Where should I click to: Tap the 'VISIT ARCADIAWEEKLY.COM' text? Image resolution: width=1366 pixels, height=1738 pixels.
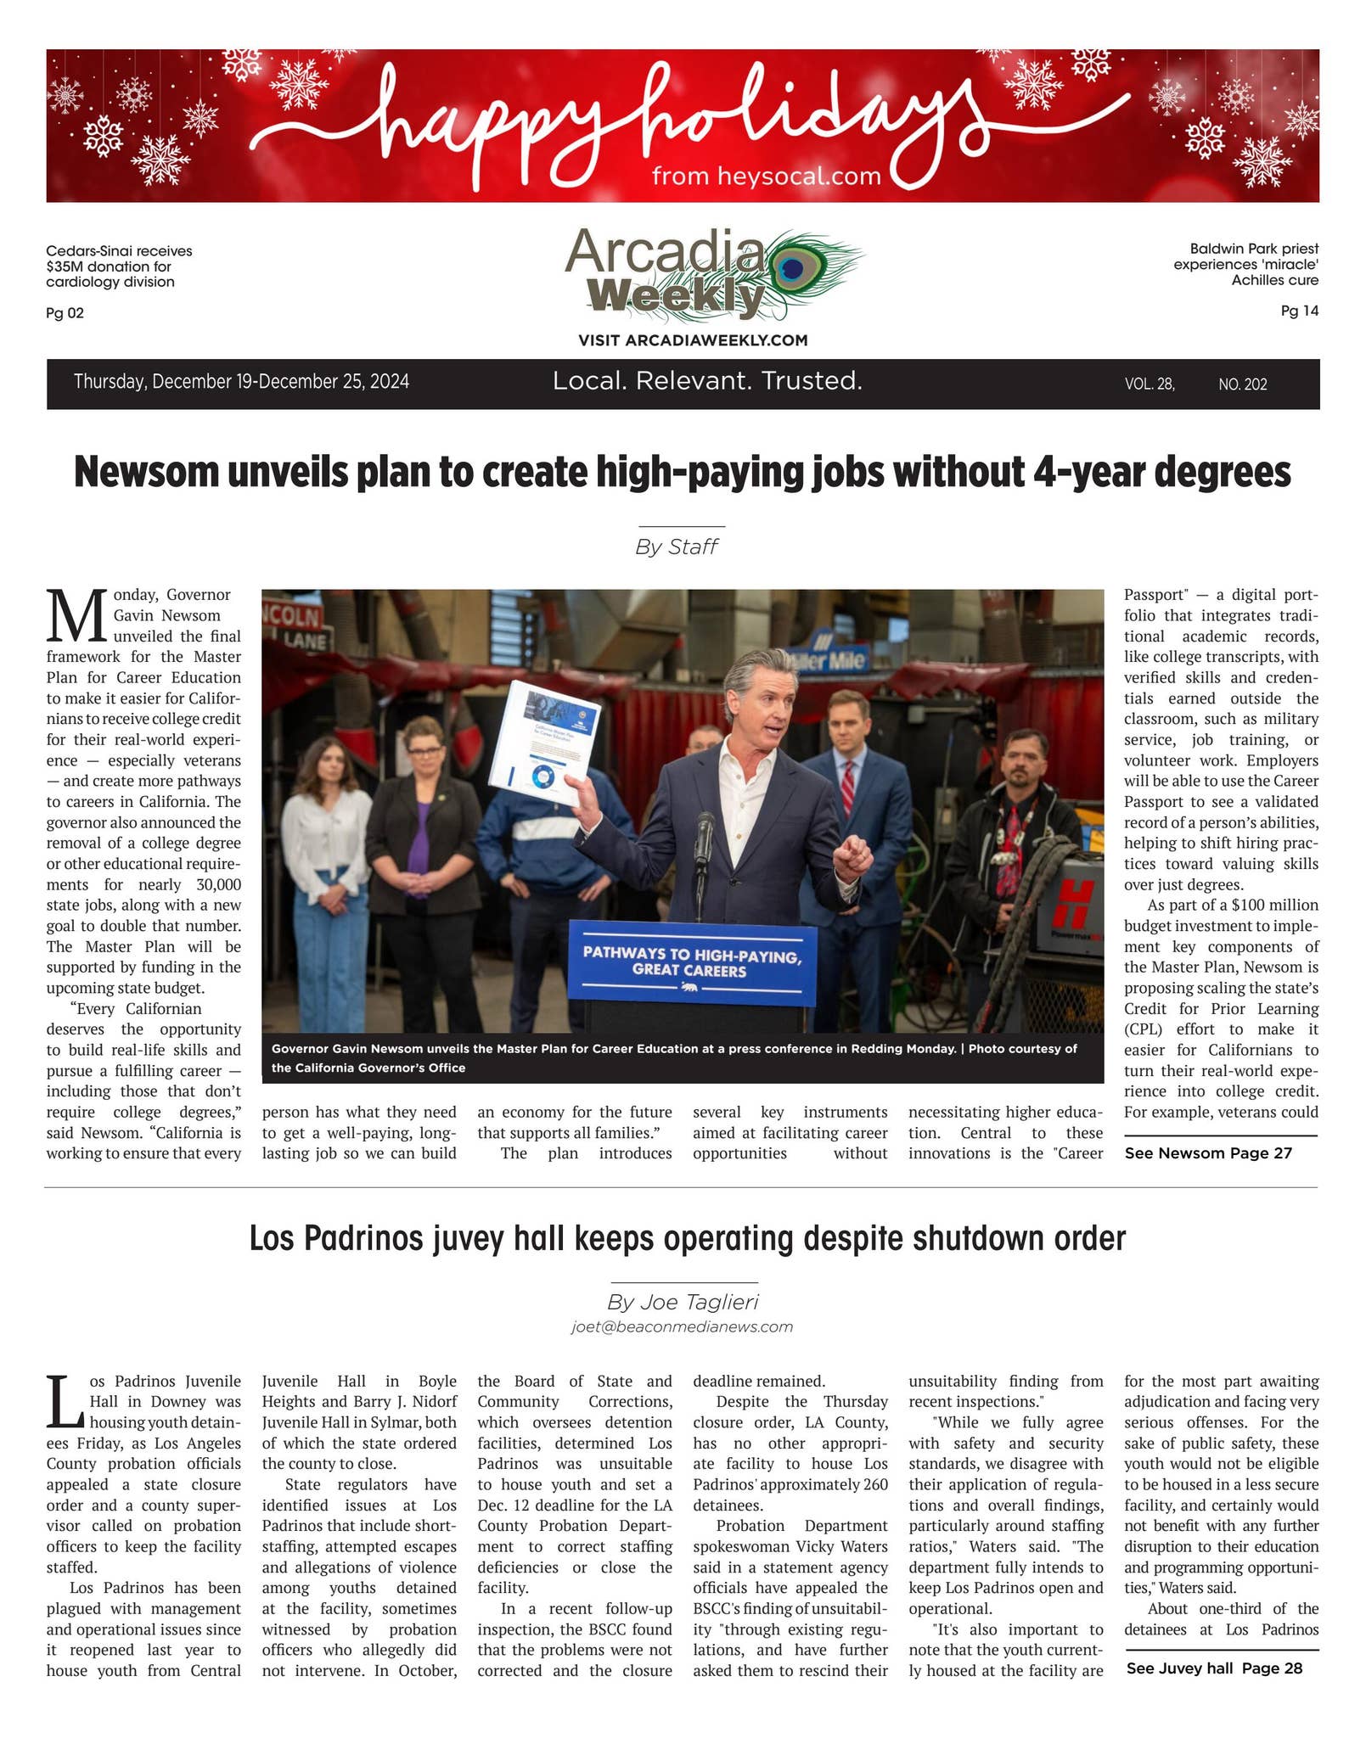(x=693, y=340)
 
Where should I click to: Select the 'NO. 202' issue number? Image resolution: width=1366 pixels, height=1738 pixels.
(x=1242, y=384)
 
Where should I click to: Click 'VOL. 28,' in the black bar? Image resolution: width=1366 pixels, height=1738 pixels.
(x=1150, y=384)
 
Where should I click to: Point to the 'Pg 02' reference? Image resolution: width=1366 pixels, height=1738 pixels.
(x=65, y=313)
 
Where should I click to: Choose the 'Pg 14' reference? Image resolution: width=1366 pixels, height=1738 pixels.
(x=1299, y=311)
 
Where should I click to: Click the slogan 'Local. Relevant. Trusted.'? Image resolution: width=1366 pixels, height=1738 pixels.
(x=707, y=381)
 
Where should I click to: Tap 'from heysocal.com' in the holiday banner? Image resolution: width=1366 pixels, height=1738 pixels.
(x=766, y=177)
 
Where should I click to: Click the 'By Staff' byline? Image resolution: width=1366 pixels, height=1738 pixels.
(x=677, y=547)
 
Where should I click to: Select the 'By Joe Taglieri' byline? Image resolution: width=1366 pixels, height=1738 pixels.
(x=683, y=1302)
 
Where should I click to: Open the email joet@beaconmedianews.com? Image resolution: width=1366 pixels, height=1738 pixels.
(x=683, y=1326)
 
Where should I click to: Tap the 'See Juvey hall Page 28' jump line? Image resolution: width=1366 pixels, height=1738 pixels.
(x=1214, y=1668)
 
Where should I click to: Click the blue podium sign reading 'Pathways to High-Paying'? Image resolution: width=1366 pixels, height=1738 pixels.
(x=692, y=963)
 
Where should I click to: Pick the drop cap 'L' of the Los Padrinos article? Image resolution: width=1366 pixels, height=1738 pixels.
(x=65, y=1401)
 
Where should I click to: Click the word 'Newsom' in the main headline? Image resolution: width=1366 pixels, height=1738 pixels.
(x=147, y=472)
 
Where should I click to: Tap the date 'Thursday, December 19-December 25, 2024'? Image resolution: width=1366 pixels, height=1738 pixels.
(x=241, y=382)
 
